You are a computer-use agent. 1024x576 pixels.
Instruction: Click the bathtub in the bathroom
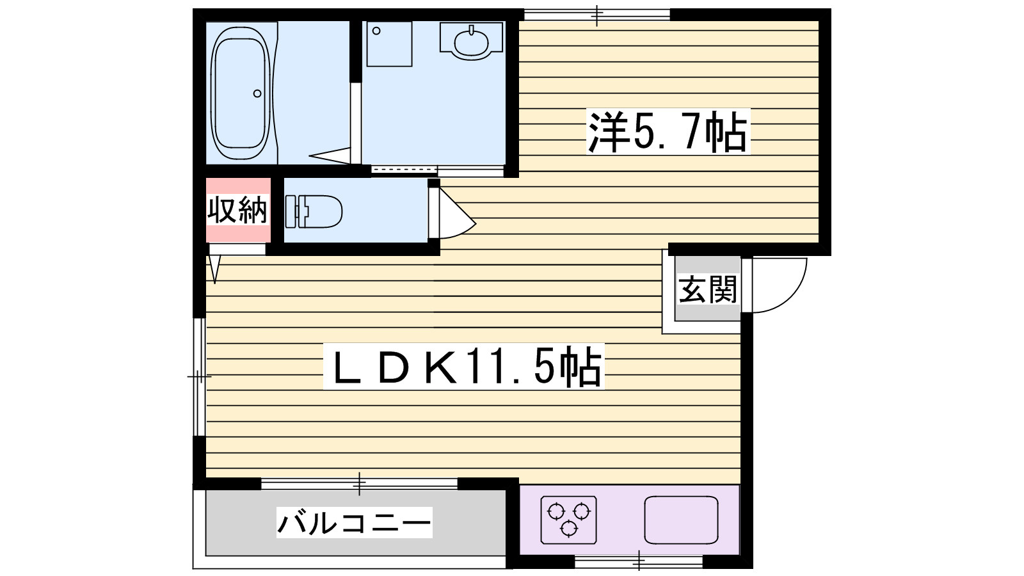[x=240, y=93]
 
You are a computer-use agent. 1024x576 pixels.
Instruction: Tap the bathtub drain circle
[x=257, y=93]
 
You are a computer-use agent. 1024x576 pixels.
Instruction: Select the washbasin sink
[x=472, y=41]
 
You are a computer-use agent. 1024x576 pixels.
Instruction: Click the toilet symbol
[x=314, y=211]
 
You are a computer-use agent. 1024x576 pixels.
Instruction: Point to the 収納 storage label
[x=237, y=210]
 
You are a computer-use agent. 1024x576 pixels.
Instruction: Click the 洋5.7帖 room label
[x=668, y=132]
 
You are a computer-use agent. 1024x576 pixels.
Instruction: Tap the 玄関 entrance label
[x=707, y=289]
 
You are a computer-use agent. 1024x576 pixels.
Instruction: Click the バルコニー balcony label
[x=354, y=522]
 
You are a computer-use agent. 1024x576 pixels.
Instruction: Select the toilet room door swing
[x=456, y=214]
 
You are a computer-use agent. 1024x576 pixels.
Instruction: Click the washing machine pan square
[x=389, y=44]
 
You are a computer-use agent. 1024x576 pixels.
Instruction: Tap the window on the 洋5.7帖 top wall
[x=596, y=15]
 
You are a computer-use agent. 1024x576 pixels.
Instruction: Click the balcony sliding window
[x=359, y=483]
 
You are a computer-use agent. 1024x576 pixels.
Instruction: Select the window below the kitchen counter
[x=639, y=562]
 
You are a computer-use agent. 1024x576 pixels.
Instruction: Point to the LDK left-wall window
[x=199, y=377]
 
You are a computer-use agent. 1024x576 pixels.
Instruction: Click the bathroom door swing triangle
[x=332, y=154]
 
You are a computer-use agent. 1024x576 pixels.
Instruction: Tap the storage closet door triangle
[x=214, y=268]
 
